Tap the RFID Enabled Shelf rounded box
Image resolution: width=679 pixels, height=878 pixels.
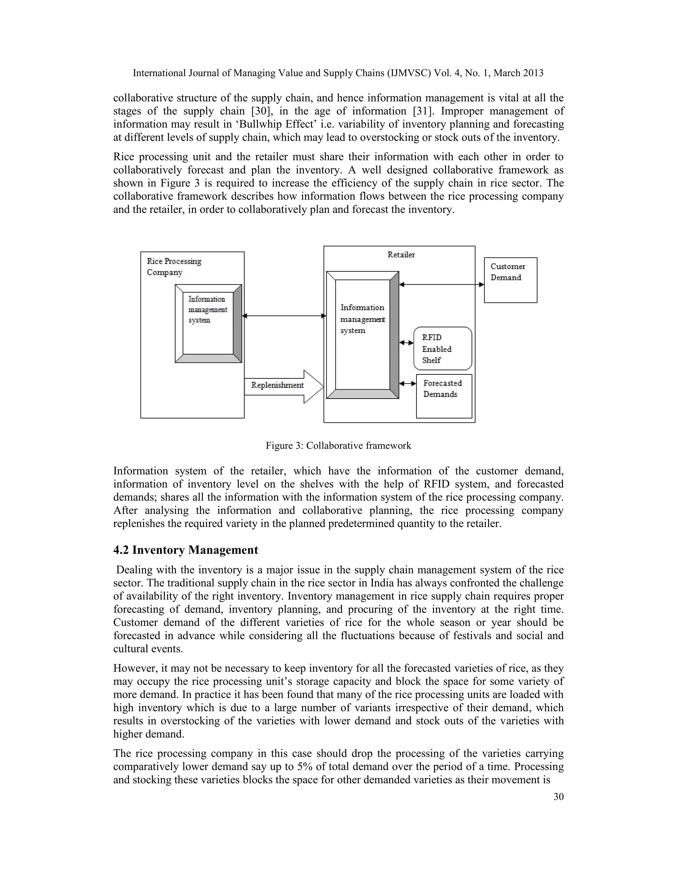[x=443, y=349]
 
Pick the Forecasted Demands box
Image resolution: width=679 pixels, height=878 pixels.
[x=444, y=396]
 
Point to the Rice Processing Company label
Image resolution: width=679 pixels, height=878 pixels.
[x=173, y=266]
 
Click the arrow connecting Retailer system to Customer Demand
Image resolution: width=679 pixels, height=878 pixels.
[x=441, y=285]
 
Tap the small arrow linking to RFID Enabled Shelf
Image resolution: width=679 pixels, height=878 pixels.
[x=406, y=343]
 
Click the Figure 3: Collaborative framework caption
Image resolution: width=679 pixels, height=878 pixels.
[x=338, y=445]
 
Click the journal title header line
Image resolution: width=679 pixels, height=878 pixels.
[x=338, y=73]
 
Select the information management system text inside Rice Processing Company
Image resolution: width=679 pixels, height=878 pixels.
[x=207, y=309]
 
